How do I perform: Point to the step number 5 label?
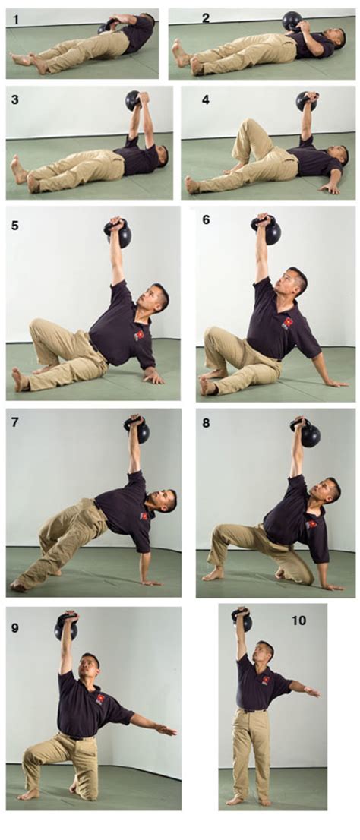coord(15,226)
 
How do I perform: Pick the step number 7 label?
coord(15,422)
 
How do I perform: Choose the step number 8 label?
coord(206,423)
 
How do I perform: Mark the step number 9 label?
coord(15,627)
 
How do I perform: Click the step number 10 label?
coord(298,621)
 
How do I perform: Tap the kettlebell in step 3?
coord(134,100)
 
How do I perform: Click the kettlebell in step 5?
coord(118,232)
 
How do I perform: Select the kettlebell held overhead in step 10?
coord(242,619)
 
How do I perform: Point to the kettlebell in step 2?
coord(291,21)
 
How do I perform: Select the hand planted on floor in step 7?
coord(150,582)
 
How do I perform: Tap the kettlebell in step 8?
coord(308,434)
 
